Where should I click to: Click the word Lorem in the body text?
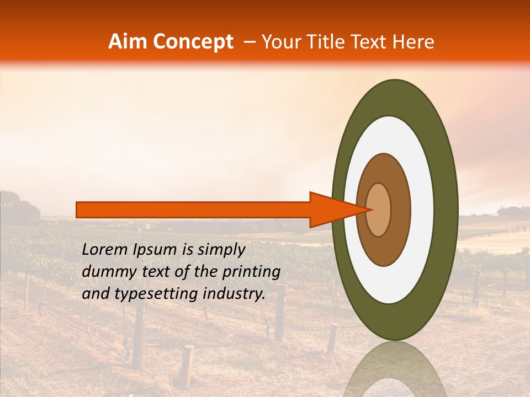[105, 250]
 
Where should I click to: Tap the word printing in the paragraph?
[251, 272]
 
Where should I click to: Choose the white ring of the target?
[422, 210]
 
